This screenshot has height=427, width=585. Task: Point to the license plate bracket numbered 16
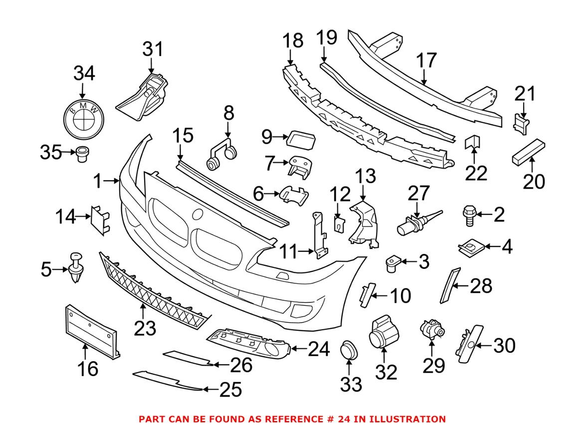(x=90, y=329)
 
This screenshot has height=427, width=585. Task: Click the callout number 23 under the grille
(x=143, y=328)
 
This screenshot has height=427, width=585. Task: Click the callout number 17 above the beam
(x=427, y=60)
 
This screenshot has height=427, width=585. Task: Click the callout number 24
(x=318, y=350)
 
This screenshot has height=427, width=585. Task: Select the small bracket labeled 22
(x=472, y=144)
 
